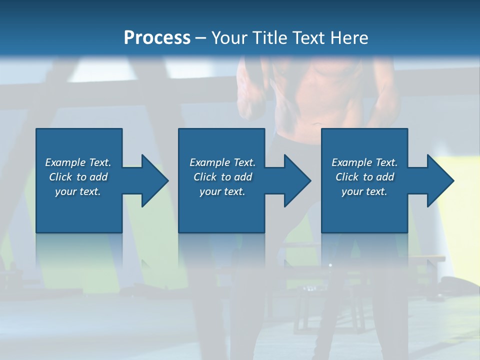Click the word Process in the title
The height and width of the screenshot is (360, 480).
coord(157,38)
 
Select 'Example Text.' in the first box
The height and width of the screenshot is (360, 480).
coord(78,162)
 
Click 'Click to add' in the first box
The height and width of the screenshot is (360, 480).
coord(78,177)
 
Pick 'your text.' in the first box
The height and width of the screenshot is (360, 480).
coord(78,191)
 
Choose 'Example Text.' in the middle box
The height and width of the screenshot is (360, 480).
coord(222,162)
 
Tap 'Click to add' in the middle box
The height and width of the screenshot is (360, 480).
coord(222,177)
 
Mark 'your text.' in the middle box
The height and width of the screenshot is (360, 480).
coord(222,191)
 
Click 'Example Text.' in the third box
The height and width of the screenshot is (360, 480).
coord(364,162)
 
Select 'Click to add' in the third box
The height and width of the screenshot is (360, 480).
coord(364,177)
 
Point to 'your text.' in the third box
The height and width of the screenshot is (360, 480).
coord(364,191)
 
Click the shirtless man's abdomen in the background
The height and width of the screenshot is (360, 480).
coord(320,100)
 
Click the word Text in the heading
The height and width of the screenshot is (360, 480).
coord(307,38)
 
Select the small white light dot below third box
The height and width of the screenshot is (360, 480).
coord(330,264)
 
